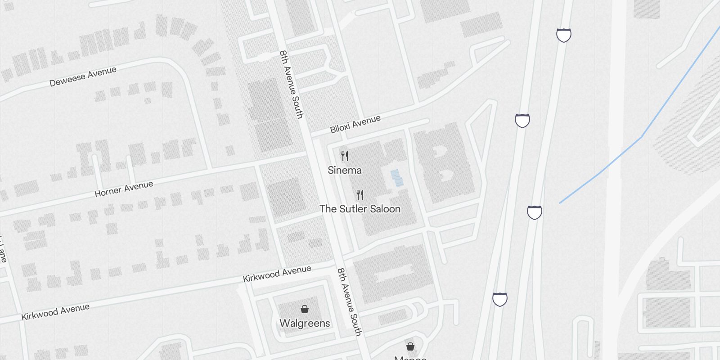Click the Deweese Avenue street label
tap(83, 76)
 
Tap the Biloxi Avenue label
tap(355, 124)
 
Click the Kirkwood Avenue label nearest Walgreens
tap(277, 274)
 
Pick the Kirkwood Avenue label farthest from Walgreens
tap(55, 311)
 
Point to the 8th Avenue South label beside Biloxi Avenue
tap(291, 84)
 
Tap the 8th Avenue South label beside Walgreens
tap(349, 302)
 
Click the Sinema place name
tap(344, 170)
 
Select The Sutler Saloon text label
tap(360, 209)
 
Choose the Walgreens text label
tap(305, 323)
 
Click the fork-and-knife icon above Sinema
tap(345, 156)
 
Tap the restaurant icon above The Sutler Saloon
tap(360, 194)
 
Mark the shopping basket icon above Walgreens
tap(305, 309)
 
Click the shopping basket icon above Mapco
tap(410, 346)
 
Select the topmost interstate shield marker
tap(564, 35)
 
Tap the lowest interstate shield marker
tap(500, 299)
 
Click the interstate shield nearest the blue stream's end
tap(535, 212)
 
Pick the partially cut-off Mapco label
tap(410, 357)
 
